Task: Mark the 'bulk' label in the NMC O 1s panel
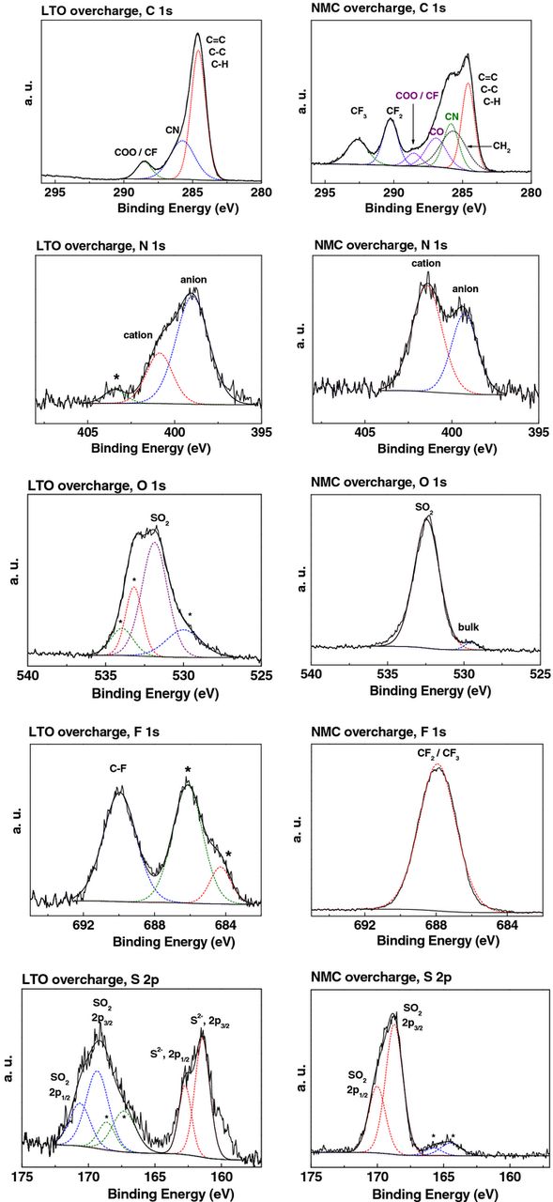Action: pyautogui.click(x=469, y=626)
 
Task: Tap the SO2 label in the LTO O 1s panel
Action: pyautogui.click(x=157, y=518)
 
